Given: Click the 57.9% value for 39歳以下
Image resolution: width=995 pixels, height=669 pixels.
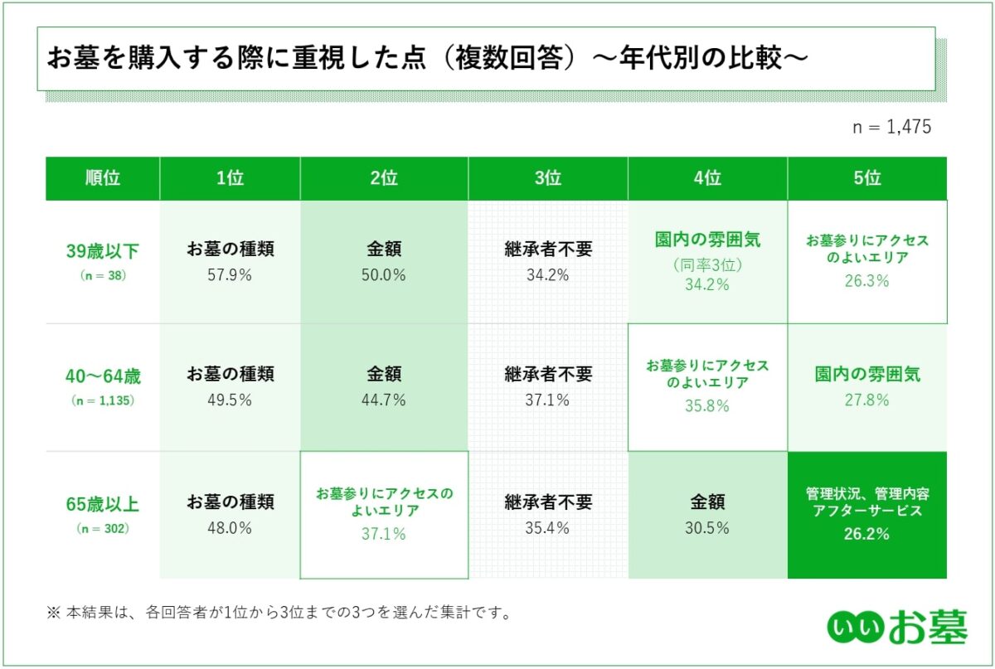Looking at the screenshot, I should click(230, 275).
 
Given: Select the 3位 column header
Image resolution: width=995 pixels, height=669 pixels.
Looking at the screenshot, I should click(548, 178).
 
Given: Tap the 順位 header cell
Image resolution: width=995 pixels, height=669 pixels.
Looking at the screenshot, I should click(103, 178).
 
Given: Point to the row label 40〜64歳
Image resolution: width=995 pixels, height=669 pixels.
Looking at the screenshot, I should click(104, 376).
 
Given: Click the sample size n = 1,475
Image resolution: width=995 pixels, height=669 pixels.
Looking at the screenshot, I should click(892, 127).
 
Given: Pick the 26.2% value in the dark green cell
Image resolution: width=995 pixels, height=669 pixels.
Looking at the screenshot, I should click(867, 534).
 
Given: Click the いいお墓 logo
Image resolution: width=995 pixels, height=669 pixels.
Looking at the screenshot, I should click(896, 628).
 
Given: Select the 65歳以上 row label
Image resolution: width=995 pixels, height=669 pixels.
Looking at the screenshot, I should click(104, 504).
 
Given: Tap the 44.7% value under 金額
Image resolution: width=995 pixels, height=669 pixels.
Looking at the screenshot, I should click(383, 400).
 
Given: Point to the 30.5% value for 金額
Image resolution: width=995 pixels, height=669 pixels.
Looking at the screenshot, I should click(707, 528).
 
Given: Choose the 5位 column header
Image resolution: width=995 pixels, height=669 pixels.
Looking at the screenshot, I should click(867, 178).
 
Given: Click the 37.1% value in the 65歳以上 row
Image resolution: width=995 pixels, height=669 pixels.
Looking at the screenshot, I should click(383, 535).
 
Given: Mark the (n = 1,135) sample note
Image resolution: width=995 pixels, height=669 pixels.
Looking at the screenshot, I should click(104, 400).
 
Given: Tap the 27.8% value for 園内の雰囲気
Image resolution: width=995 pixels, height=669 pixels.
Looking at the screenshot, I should click(867, 400).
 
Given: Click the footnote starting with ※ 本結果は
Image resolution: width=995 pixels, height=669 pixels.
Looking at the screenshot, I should click(277, 614).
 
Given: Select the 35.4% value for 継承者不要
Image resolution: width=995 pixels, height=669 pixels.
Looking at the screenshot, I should click(548, 528).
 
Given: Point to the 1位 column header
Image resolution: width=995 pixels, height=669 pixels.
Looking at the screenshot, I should click(230, 178).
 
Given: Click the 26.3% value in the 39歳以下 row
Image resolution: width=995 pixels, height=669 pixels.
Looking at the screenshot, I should click(867, 281).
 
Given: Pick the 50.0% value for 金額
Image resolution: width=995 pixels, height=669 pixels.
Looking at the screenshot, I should click(383, 275).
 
